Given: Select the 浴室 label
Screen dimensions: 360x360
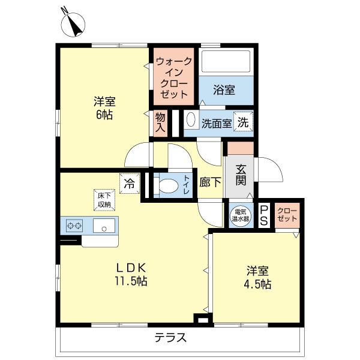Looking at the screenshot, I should point(224,90).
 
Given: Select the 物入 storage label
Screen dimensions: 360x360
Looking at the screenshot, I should point(160,122).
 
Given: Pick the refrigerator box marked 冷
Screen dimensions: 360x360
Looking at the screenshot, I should point(128,182).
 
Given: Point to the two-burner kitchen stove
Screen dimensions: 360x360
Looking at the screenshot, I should point(76,226).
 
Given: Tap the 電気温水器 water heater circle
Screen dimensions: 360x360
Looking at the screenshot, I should point(241,215).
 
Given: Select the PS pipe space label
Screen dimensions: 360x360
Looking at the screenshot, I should point(265,214).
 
